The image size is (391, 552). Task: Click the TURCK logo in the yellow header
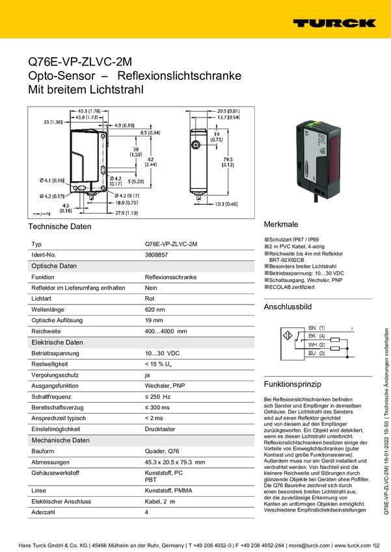click(334, 23)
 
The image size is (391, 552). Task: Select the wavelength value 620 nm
click(155, 310)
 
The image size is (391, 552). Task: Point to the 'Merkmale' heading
click(282, 222)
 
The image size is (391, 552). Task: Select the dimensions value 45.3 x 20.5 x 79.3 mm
click(174, 462)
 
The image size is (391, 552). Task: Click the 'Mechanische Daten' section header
click(61, 440)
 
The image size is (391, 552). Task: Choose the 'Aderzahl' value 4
click(146, 512)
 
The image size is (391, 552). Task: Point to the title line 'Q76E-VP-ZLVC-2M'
click(79, 62)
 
